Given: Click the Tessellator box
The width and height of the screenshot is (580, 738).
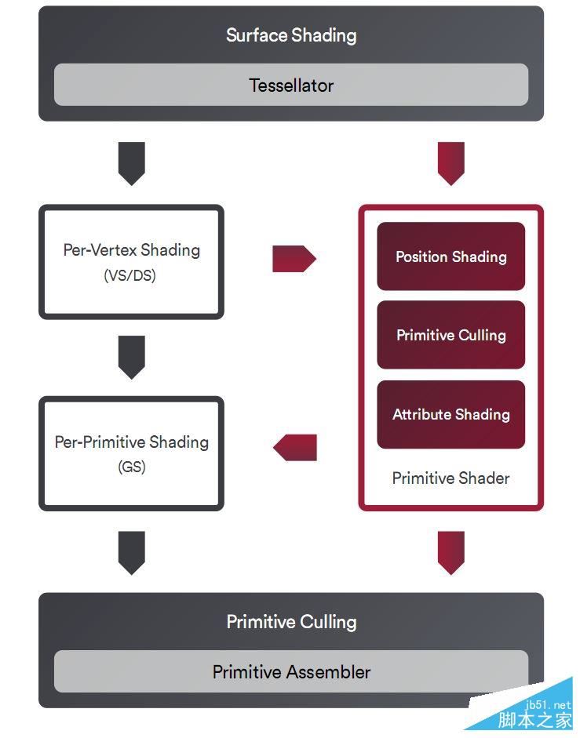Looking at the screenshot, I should pyautogui.click(x=290, y=85).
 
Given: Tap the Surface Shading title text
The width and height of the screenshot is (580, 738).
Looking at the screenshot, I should pyautogui.click(x=290, y=35).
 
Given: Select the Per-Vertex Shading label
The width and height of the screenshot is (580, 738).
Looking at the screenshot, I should pyautogui.click(x=131, y=250).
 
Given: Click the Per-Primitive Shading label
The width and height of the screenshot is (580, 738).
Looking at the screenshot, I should pyautogui.click(x=131, y=442).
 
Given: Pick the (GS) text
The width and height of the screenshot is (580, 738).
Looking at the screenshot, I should pyautogui.click(x=131, y=467).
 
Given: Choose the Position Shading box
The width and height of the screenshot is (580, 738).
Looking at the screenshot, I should pyautogui.click(x=451, y=256).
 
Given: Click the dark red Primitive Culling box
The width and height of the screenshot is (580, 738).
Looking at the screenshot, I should pyautogui.click(x=451, y=335).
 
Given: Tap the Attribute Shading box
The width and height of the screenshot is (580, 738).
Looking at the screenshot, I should pyautogui.click(x=451, y=414).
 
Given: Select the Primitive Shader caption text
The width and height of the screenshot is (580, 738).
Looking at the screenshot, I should pyautogui.click(x=451, y=478).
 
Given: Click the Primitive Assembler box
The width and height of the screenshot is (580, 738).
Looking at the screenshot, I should pyautogui.click(x=290, y=672).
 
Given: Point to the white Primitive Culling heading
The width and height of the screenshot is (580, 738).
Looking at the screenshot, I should pyautogui.click(x=290, y=622).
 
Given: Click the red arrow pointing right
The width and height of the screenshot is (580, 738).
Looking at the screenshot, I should pyautogui.click(x=294, y=258).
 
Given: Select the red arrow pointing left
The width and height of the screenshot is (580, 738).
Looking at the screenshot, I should pyautogui.click(x=294, y=447).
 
